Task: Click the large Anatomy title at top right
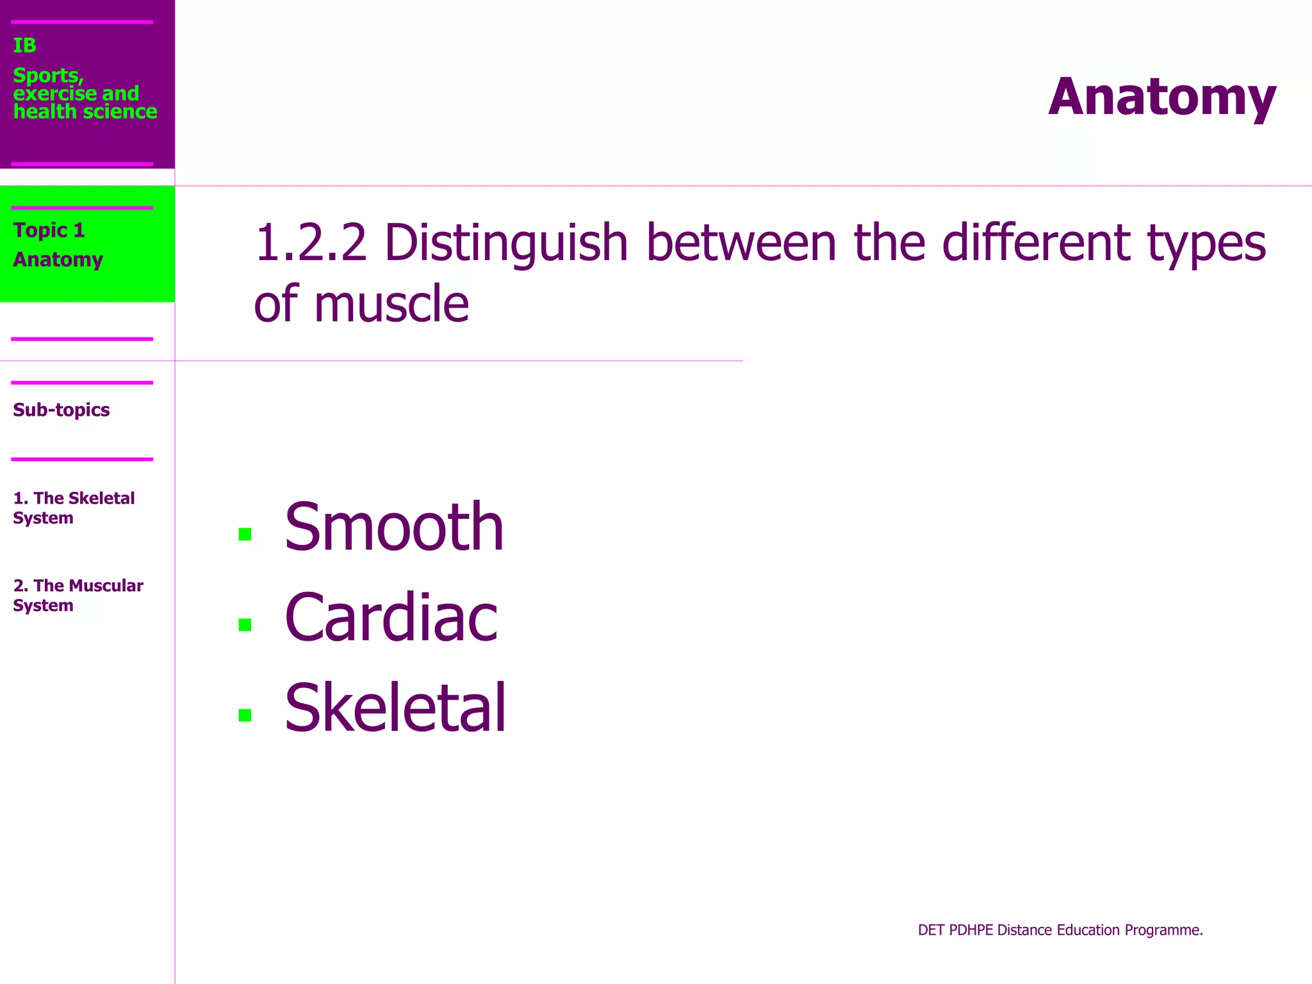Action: (1161, 97)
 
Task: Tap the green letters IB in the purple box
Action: (25, 45)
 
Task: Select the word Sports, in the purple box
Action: (48, 76)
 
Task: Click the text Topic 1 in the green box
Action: (49, 230)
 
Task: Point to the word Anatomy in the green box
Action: (58, 259)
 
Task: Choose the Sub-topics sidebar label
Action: (61, 410)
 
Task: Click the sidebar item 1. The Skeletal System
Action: (73, 507)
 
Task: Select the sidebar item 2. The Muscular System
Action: (78, 595)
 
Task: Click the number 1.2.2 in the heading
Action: (311, 243)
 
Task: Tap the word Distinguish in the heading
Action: (506, 243)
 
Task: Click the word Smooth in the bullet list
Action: (394, 527)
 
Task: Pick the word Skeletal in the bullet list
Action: (395, 708)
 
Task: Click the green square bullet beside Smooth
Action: (245, 534)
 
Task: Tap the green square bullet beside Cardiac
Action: (245, 625)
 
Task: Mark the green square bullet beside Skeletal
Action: (245, 715)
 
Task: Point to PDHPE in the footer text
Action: (971, 930)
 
